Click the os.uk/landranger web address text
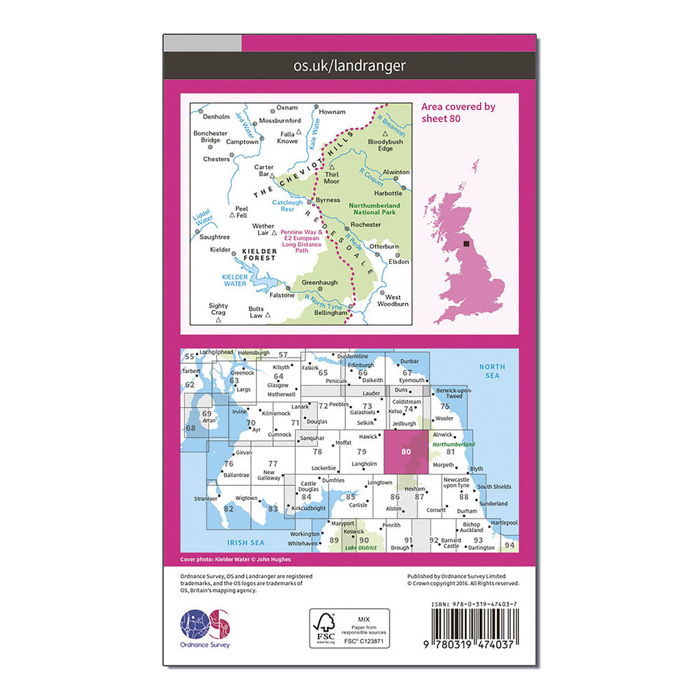click(349, 66)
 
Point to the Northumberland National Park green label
click(372, 208)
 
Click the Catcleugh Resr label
click(288, 205)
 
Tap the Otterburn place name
click(384, 246)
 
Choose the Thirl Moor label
click(332, 178)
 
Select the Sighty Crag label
click(218, 310)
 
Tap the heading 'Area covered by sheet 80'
click(458, 112)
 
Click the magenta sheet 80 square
click(406, 452)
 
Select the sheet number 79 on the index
click(362, 451)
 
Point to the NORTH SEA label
click(492, 371)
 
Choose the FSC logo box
click(349, 628)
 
